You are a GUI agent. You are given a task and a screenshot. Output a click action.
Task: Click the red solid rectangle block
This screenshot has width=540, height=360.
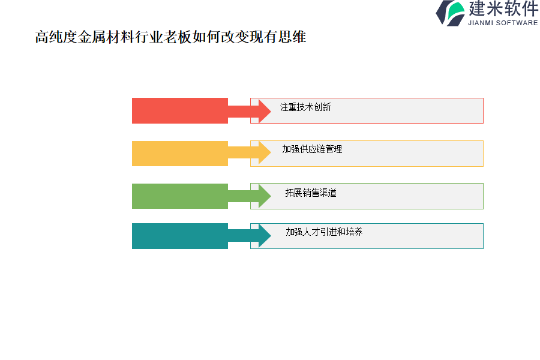point(180,110)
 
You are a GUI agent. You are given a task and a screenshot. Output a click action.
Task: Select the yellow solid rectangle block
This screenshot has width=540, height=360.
point(180,154)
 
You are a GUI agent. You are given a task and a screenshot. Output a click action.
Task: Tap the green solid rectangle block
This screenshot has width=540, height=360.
point(180,196)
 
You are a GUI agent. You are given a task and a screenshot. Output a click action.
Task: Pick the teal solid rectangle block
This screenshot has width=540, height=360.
point(180,236)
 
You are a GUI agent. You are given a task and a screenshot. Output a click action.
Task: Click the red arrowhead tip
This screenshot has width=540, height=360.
point(271,110)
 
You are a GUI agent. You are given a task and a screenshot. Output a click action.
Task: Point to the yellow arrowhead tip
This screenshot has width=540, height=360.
point(271,152)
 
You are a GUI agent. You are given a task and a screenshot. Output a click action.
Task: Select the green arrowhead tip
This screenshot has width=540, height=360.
point(271,196)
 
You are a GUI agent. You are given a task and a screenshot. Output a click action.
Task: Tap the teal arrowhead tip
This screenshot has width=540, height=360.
point(271,235)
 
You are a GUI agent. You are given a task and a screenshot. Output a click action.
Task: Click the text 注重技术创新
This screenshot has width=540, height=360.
point(305,107)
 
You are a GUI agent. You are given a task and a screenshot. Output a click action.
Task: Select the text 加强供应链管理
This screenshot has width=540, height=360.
point(312,149)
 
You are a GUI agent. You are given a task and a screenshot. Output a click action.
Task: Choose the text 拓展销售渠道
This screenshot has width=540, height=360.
point(311,193)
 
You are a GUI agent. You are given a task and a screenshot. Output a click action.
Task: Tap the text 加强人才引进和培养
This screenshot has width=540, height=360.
point(324,232)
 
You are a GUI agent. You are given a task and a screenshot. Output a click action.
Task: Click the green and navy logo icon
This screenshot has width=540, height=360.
point(450,13)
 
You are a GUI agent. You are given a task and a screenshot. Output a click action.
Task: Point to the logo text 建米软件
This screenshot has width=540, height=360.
point(503,8)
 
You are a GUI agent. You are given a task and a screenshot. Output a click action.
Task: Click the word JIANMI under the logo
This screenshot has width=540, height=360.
point(481,23)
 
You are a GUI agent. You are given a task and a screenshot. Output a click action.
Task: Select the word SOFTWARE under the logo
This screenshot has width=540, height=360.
point(517,23)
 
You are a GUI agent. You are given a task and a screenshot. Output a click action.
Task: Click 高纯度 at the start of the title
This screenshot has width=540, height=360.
point(56,37)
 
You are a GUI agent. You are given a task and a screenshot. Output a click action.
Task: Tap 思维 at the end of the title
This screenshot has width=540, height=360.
point(292,37)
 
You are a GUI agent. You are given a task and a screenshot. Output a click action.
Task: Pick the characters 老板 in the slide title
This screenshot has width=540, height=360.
point(178,37)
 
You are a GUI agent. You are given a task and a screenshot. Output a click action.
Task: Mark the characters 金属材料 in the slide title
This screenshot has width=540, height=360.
point(106,37)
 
